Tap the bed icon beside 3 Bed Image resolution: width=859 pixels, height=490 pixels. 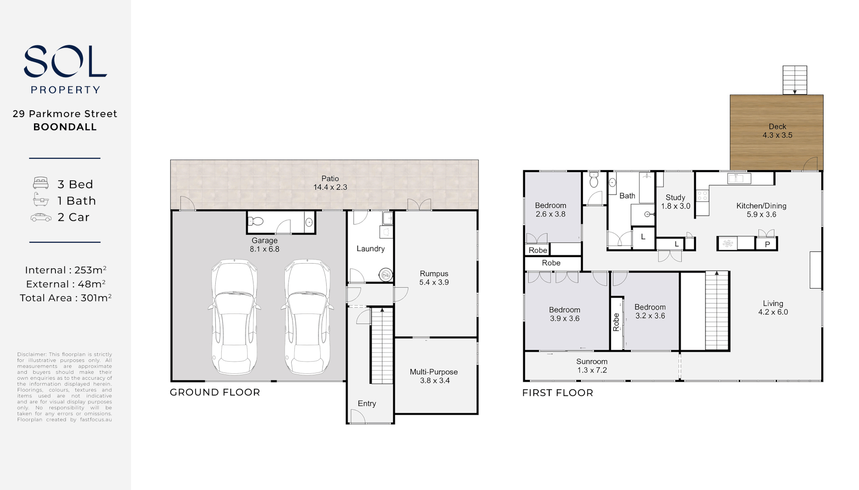[41, 183]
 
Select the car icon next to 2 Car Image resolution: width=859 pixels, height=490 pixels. [41, 217]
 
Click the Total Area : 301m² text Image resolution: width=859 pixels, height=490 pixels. [65, 298]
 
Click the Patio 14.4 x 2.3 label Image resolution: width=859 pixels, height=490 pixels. [330, 183]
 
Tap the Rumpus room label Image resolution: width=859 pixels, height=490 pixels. [434, 278]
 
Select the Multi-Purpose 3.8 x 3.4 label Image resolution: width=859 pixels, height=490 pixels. [434, 376]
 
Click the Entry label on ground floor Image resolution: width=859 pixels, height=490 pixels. [367, 403]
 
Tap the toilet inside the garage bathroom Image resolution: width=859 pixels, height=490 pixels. [257, 221]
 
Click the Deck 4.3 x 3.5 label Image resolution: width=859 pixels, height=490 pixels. [777, 131]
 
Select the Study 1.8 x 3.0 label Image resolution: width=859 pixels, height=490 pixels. [675, 202]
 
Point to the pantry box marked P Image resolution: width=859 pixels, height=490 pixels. [767, 244]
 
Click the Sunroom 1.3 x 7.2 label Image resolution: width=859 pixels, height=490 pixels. [592, 366]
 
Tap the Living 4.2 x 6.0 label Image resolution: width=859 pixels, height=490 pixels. [773, 308]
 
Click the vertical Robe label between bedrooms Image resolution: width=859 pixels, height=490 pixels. [616, 322]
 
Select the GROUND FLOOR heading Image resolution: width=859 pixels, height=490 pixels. [215, 392]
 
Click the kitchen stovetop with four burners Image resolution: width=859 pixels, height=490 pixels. [702, 196]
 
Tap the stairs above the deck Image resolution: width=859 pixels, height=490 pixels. [794, 80]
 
